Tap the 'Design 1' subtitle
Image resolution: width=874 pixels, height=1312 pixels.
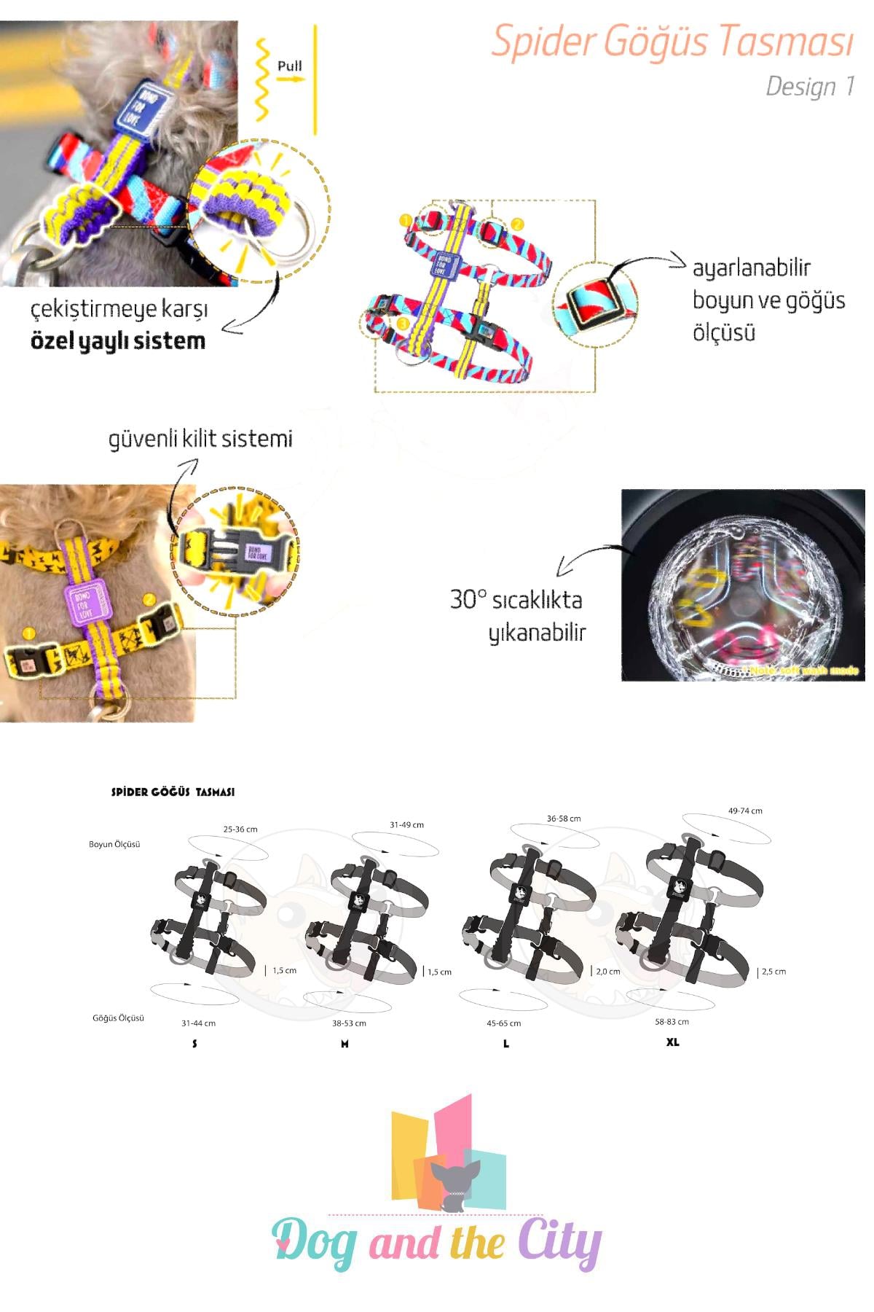point(809,87)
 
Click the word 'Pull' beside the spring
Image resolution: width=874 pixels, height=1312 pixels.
point(289,66)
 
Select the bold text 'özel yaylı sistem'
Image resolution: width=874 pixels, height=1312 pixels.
point(118,341)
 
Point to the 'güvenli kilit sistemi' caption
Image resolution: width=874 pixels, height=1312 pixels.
point(200,439)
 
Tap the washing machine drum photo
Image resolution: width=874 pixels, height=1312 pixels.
point(743,585)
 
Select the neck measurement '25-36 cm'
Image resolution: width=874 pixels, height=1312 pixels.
point(240,829)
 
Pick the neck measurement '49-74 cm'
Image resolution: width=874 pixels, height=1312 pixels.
point(745,811)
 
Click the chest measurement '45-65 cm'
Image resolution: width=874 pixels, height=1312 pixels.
point(503,1023)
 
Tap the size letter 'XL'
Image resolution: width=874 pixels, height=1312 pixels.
point(672,1042)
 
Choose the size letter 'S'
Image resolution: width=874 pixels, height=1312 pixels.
point(194,1044)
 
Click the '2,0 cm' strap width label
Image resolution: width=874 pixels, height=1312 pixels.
point(608,972)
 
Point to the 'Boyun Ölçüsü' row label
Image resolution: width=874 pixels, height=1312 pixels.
point(114,844)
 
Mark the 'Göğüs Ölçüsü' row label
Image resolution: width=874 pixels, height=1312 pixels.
point(118,1018)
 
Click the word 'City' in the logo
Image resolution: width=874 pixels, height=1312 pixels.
point(559,1241)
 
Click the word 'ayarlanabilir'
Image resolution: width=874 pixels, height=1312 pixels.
point(751,268)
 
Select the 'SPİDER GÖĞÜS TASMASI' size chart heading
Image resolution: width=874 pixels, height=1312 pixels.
point(173,792)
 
